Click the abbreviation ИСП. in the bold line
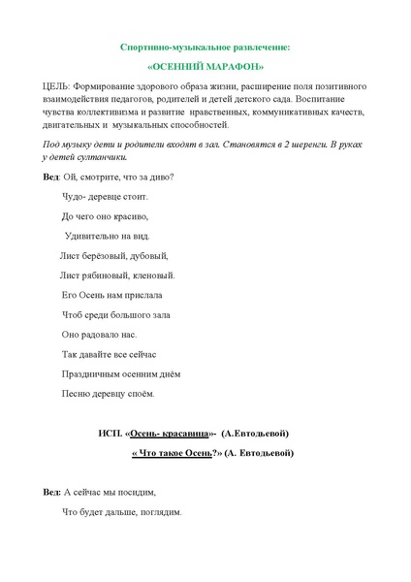click(110, 433)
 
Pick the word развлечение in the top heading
click(255, 46)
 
